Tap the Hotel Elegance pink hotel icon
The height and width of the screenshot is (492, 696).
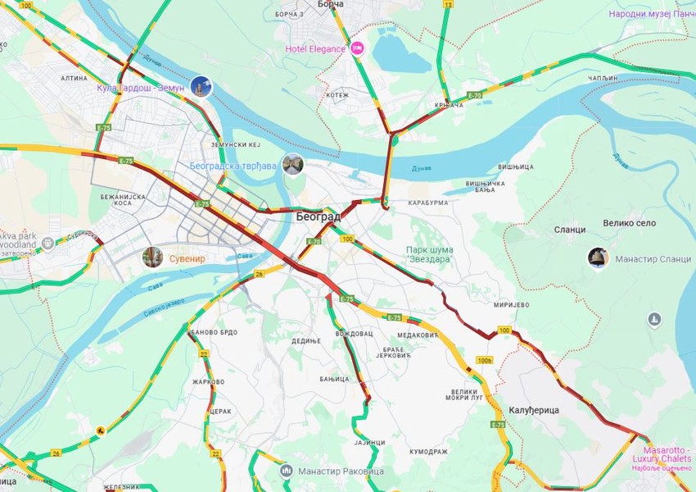[358, 49]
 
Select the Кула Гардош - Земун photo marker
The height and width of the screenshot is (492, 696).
[200, 86]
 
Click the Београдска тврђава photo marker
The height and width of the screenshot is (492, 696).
[292, 164]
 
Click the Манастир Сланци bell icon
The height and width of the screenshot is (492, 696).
[598, 258]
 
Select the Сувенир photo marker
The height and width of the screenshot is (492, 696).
[151, 257]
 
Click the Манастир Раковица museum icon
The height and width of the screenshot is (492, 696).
[286, 471]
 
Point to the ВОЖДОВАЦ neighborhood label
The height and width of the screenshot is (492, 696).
[354, 334]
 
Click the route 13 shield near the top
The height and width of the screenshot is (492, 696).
[447, 4]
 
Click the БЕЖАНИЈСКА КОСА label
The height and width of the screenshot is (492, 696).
[123, 201]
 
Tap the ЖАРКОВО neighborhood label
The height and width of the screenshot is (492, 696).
[208, 381]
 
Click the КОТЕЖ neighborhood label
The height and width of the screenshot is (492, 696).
[337, 95]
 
